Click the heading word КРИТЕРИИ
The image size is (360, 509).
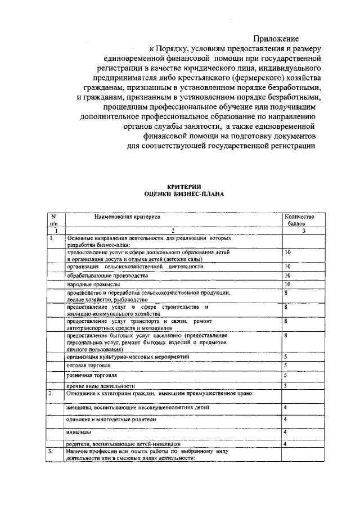184,187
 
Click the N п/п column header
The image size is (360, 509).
53,219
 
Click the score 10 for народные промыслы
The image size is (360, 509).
287,285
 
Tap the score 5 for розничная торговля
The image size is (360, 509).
286,375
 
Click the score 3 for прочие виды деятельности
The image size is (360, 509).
286,385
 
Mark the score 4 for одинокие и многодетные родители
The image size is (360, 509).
286,419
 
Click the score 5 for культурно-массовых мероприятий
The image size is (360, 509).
286,356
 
